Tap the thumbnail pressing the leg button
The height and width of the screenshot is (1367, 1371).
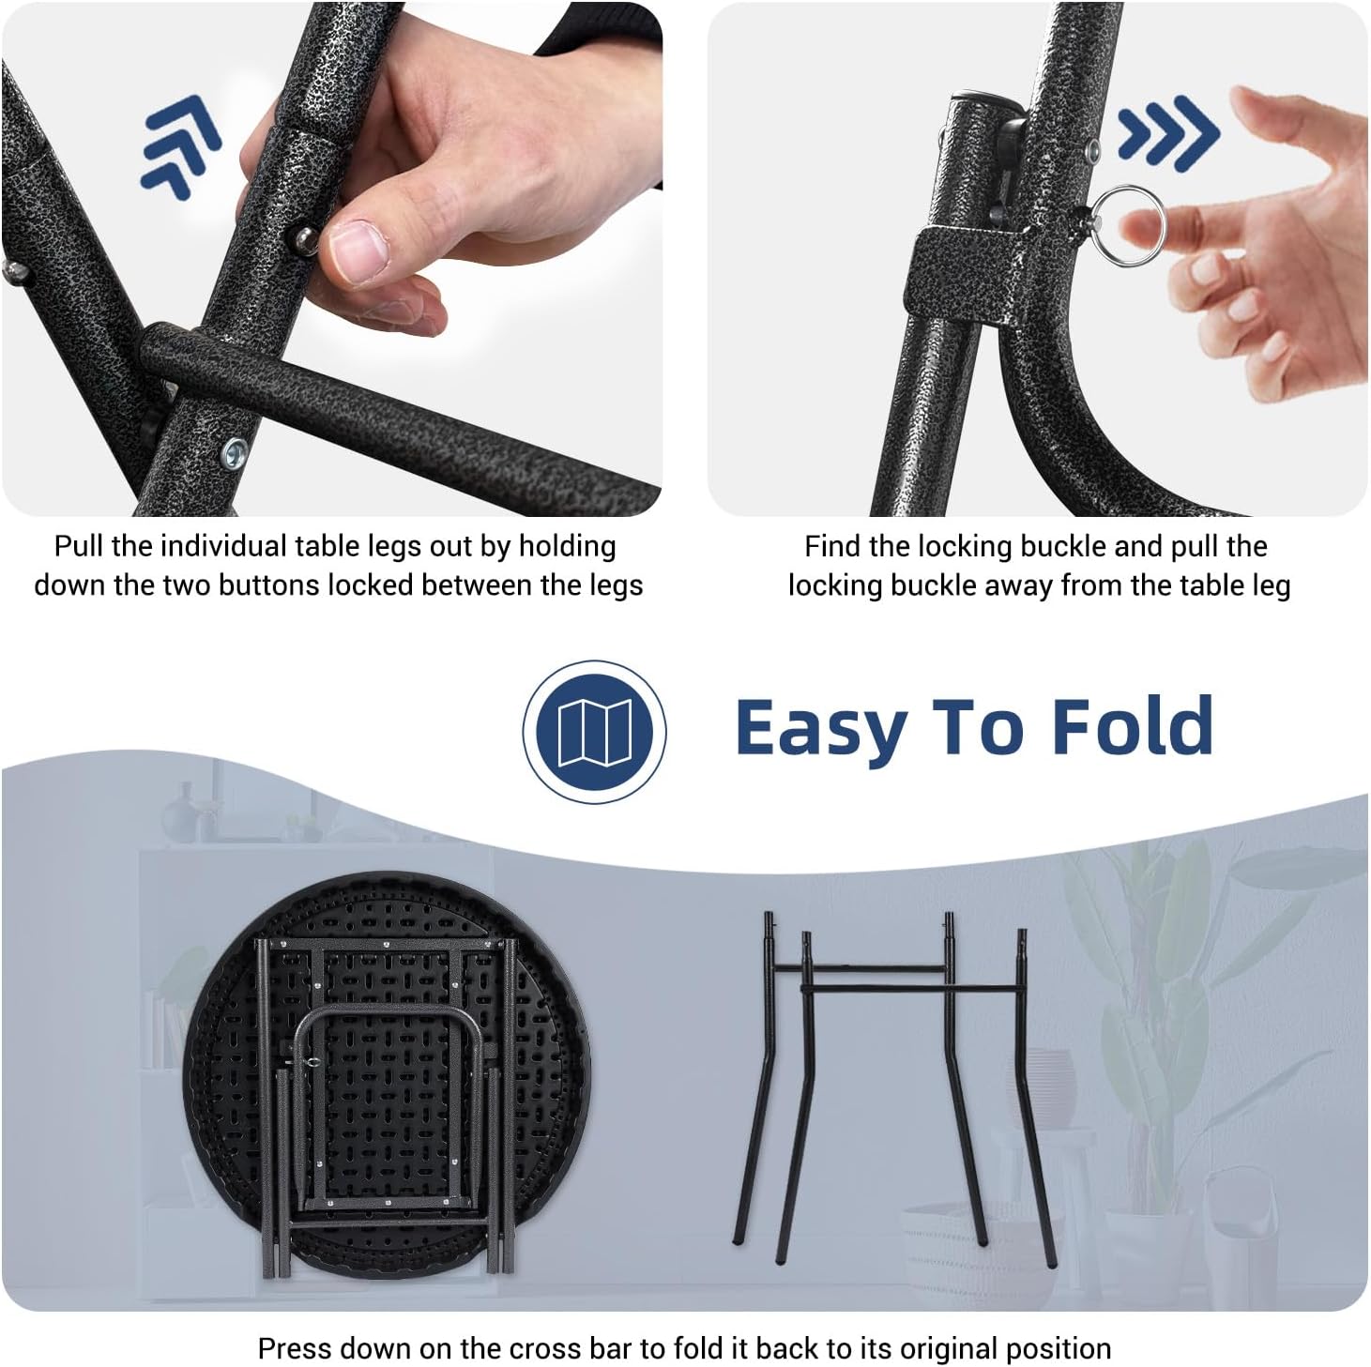coord(358,249)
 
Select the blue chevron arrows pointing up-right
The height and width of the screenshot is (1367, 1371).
coord(181,145)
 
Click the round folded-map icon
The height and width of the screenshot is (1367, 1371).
coord(594,732)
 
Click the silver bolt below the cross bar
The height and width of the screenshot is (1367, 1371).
coord(235,452)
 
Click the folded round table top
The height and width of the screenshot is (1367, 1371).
coord(387,1075)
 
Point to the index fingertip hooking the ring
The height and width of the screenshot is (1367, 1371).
coord(1138,229)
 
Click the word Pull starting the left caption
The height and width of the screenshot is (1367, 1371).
coord(80,546)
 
